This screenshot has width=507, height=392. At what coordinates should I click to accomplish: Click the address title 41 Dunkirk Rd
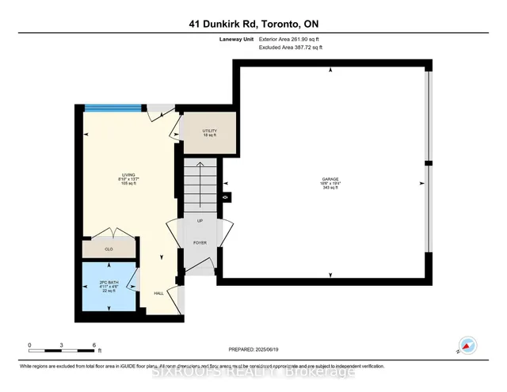[x=253, y=23]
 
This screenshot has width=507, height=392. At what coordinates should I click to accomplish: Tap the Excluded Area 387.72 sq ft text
[x=291, y=48]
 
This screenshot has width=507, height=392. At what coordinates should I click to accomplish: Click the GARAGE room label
[x=330, y=180]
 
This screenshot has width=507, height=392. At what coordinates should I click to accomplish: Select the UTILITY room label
[x=210, y=131]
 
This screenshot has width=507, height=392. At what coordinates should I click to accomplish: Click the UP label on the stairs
[x=200, y=222]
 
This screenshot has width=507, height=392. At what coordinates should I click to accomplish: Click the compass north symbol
[x=467, y=345]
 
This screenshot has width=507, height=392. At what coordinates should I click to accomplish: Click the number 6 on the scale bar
[x=94, y=345]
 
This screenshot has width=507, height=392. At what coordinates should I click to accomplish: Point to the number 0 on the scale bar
[x=29, y=345]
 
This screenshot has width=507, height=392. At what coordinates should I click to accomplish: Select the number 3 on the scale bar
[x=62, y=345]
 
